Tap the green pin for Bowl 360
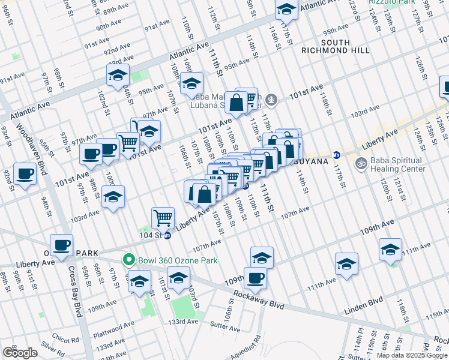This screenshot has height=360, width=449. (x=127, y=260)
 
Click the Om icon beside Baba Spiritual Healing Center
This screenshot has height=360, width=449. (x=361, y=162)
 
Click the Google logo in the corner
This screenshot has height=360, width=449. (x=20, y=352)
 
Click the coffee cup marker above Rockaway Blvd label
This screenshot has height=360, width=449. (x=255, y=278)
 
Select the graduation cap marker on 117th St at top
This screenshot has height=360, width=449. (x=286, y=8)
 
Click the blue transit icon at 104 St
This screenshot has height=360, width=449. (x=167, y=236)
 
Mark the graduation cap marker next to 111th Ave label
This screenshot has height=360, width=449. (x=390, y=250)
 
